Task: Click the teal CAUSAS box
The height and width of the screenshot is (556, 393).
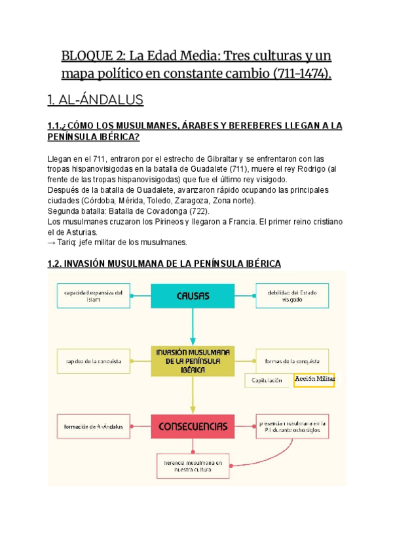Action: point(193,296)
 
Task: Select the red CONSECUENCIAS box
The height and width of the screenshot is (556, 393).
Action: point(193,427)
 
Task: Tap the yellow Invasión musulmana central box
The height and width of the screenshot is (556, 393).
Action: point(193,361)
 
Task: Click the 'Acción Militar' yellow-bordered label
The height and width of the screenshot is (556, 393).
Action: point(314,380)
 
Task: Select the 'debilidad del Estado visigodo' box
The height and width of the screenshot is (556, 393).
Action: point(292,296)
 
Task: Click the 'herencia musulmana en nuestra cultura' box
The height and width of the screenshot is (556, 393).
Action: point(193,466)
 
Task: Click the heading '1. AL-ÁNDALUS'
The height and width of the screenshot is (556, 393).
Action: point(95,100)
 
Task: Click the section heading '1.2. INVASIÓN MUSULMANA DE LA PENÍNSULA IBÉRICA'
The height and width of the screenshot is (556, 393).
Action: point(164,264)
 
